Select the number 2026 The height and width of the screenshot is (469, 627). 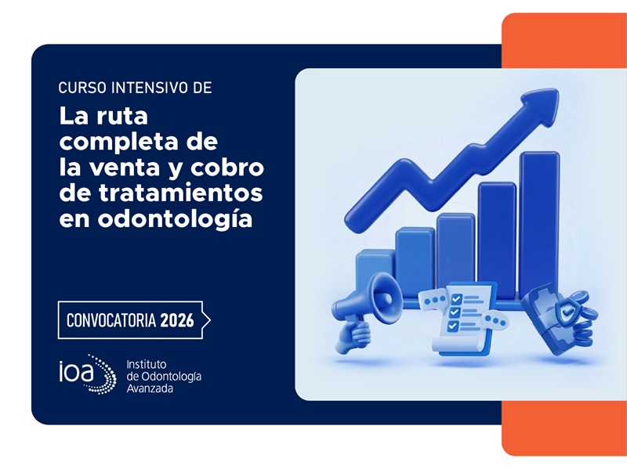tap(177, 320)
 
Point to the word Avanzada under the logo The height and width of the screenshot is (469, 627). tap(151, 388)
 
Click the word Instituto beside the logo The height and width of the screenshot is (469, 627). tap(146, 364)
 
